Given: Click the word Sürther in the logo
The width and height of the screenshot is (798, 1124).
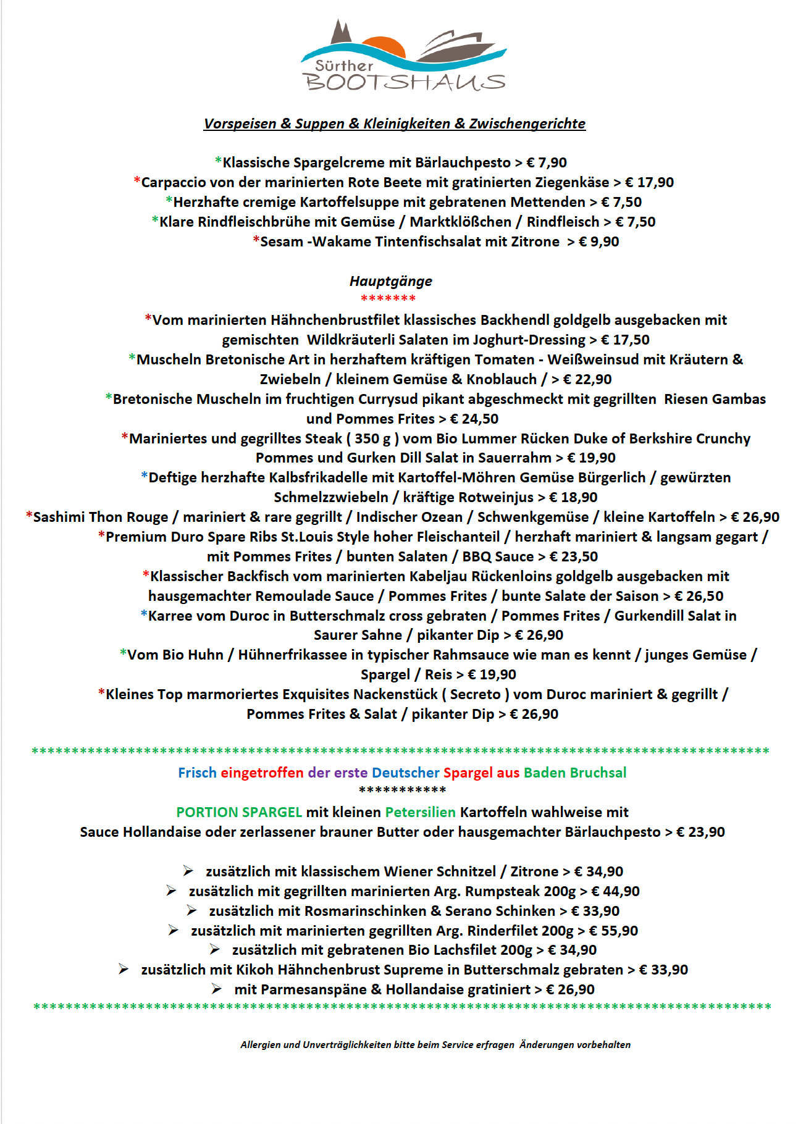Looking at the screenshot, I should pyautogui.click(x=344, y=65).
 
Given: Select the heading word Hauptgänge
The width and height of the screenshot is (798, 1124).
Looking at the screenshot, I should pyautogui.click(x=391, y=281).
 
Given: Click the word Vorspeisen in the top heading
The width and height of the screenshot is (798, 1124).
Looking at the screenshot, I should pyautogui.click(x=240, y=124).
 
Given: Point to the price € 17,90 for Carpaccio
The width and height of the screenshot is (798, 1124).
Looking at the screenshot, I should pyautogui.click(x=649, y=182).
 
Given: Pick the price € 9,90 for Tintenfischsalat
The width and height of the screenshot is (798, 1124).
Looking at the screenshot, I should pyautogui.click(x=598, y=241).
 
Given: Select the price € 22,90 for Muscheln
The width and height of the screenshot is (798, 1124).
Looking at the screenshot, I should pyautogui.click(x=587, y=379).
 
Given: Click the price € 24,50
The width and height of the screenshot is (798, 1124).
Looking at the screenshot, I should pyautogui.click(x=474, y=419).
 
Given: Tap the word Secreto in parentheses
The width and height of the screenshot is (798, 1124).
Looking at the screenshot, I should pyautogui.click(x=476, y=694).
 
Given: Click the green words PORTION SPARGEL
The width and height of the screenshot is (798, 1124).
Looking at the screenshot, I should pyautogui.click(x=239, y=812).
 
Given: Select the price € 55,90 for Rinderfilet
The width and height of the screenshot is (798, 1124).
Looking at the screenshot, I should pyautogui.click(x=613, y=931).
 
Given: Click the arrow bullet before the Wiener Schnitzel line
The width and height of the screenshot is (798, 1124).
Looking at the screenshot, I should pyautogui.click(x=188, y=871).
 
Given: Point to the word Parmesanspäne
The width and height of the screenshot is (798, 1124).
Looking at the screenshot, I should pyautogui.click(x=300, y=989).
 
